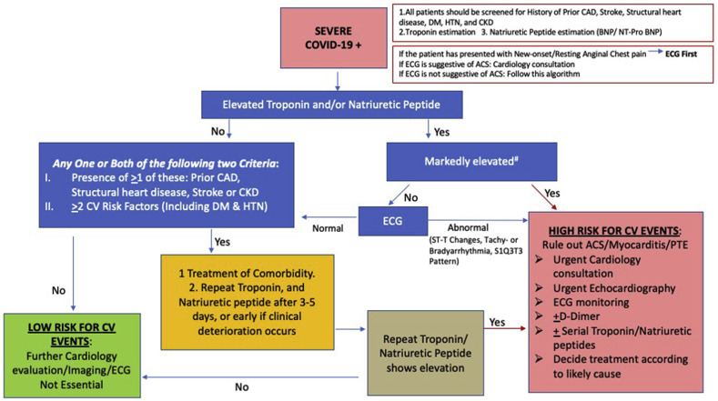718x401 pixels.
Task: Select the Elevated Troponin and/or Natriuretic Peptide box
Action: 338,106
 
